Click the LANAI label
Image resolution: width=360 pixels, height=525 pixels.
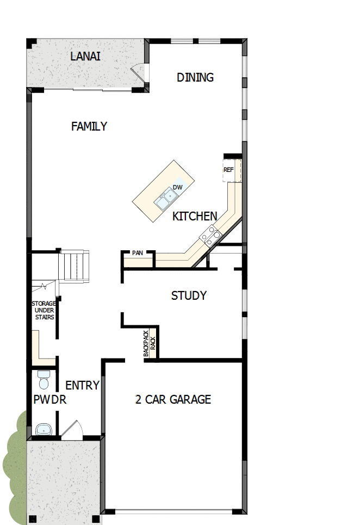85,57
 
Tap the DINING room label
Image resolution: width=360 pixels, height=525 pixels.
195,77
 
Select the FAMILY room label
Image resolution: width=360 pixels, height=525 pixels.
89,126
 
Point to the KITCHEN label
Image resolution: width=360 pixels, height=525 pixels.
195,217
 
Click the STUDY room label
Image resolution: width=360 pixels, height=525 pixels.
189,295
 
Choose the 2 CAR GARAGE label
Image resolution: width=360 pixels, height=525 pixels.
173,399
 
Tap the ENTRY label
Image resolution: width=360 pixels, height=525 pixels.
83,385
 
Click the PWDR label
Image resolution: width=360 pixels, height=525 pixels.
49,400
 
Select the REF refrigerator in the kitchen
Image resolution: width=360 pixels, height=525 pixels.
228,170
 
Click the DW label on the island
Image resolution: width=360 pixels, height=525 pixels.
177,187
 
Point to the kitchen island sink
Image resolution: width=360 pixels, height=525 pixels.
164,201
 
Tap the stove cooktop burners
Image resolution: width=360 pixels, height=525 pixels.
211,236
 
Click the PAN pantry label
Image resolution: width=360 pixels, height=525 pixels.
136,253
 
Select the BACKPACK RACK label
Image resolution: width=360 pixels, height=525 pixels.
150,343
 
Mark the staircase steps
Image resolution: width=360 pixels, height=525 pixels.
73,265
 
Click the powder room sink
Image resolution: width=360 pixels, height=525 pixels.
44,430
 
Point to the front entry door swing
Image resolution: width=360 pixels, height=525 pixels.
72,429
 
